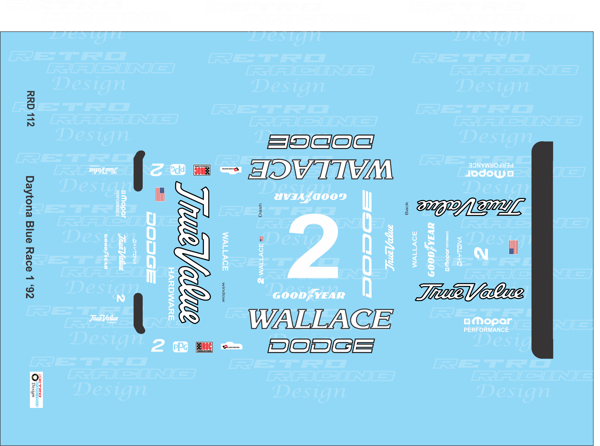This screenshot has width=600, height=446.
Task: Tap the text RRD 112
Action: [x=30, y=108]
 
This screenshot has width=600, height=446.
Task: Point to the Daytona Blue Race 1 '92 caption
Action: [x=30, y=237]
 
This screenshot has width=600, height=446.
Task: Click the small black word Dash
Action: [x=260, y=210]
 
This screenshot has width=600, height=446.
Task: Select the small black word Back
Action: [x=406, y=208]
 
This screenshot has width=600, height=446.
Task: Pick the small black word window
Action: [x=224, y=292]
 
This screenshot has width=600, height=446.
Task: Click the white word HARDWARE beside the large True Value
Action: [x=171, y=294]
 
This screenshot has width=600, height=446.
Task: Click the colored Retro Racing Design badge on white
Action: [x=36, y=390]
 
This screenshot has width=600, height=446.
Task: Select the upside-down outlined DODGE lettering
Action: [x=321, y=142]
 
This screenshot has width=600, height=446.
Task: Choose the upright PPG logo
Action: [x=180, y=347]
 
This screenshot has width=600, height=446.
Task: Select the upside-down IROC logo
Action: [x=202, y=170]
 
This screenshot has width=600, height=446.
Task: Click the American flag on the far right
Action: [x=513, y=247]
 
